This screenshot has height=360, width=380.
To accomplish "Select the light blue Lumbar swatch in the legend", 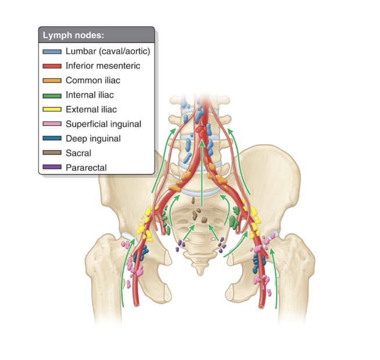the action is pyautogui.click(x=52, y=52).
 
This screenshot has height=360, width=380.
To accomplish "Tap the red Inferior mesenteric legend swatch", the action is pyautogui.click(x=52, y=66).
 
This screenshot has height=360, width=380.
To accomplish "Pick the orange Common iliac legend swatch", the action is pyautogui.click(x=52, y=81).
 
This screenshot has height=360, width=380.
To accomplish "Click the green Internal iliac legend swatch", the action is pyautogui.click(x=52, y=95).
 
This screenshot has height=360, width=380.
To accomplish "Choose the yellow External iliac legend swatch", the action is pyautogui.click(x=52, y=110).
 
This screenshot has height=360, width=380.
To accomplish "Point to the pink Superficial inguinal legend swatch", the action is pyautogui.click(x=52, y=124).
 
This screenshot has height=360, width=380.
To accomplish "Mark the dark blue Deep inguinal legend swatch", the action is pyautogui.click(x=52, y=139).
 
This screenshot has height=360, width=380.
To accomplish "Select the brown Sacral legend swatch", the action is pyautogui.click(x=52, y=153).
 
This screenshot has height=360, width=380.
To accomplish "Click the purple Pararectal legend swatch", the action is pyautogui.click(x=52, y=168).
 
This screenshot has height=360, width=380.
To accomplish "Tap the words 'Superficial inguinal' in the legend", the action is pyautogui.click(x=103, y=124).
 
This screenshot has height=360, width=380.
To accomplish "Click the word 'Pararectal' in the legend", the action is pyautogui.click(x=87, y=167).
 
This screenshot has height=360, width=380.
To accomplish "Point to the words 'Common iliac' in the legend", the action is pyautogui.click(x=93, y=80).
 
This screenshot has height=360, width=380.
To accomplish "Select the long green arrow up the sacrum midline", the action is pyautogui.click(x=202, y=174).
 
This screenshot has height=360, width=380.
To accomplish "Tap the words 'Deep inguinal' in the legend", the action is pyautogui.click(x=94, y=138).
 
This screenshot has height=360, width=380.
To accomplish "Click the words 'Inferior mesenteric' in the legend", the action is pyautogui.click(x=103, y=66).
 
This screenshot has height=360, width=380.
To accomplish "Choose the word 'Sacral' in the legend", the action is pyautogui.click(x=78, y=153).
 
